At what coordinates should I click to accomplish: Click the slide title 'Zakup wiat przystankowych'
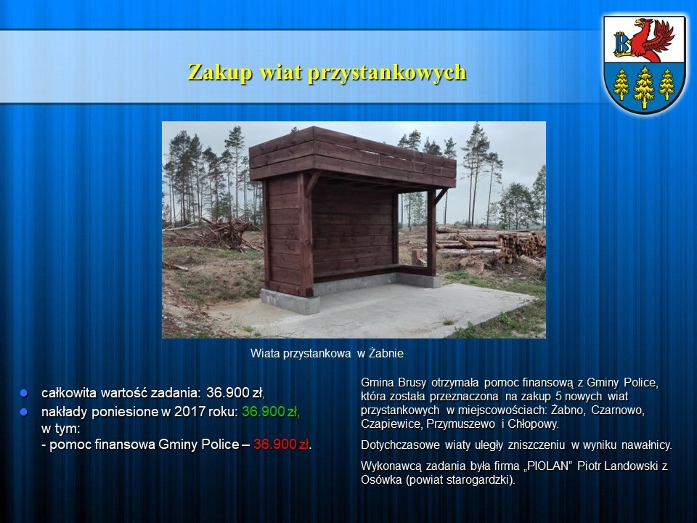click(327, 73)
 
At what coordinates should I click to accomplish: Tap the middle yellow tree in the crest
click(644, 86)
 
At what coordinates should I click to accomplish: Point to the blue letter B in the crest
click(621, 43)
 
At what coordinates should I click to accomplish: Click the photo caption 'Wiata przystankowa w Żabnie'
click(327, 354)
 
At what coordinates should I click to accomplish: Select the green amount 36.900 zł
click(271, 412)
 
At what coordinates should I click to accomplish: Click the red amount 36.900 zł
click(282, 445)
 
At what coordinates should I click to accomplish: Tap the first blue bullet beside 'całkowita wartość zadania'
click(23, 393)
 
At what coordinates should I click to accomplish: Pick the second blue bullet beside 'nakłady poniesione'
click(23, 413)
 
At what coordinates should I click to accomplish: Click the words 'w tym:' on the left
click(61, 429)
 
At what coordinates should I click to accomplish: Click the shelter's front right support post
click(431, 231)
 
